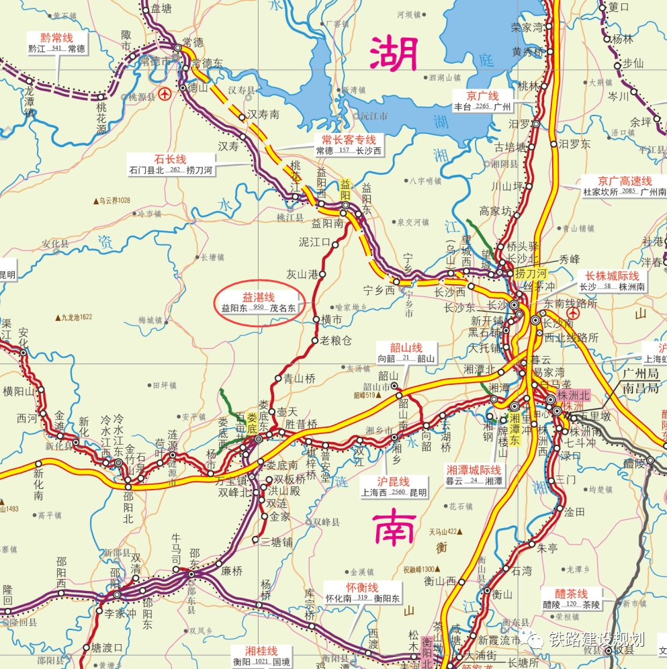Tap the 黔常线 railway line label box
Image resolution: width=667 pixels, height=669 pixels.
point(56,43)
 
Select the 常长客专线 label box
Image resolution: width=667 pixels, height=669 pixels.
point(349,144)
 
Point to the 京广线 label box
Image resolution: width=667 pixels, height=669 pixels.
point(483,101)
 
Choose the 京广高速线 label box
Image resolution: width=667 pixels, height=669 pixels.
point(625,186)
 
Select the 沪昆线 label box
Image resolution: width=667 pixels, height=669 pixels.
point(394,486)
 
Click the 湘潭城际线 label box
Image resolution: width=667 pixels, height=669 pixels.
point(474,475)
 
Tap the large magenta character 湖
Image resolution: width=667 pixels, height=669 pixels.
point(394,54)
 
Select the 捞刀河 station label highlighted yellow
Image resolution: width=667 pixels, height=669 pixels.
point(531,273)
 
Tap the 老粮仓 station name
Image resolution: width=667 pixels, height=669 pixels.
point(335,341)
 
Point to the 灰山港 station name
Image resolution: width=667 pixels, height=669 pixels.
point(302,274)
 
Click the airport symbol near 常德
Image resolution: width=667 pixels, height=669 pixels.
point(165,93)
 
